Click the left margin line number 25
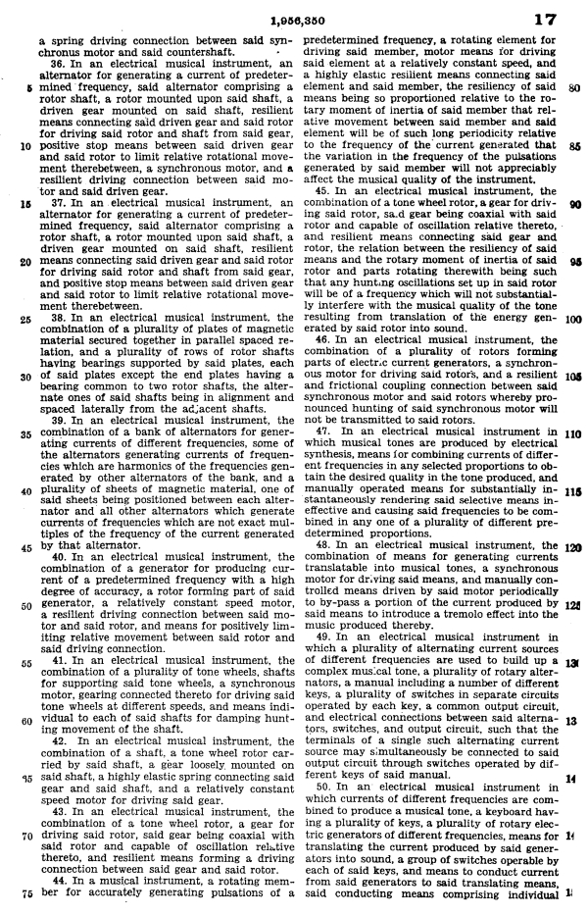[x=23, y=319]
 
